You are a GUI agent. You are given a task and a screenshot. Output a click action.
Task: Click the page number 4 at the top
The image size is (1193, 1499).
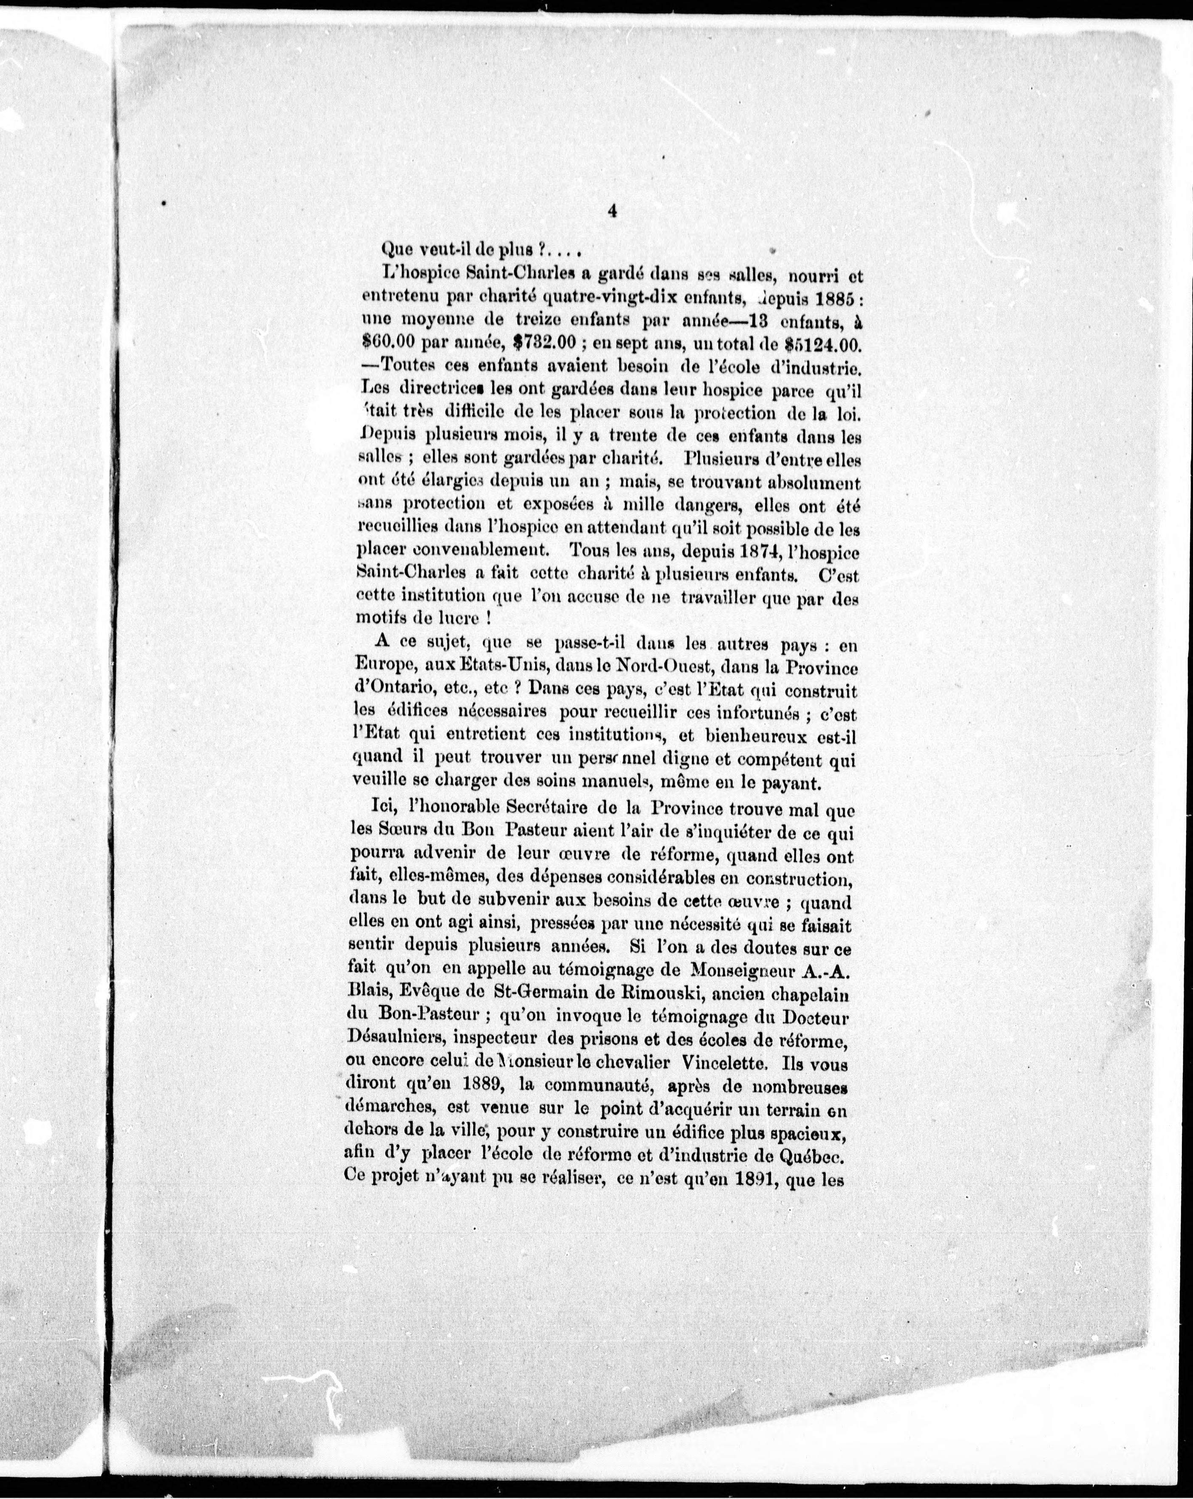pyautogui.click(x=612, y=213)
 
